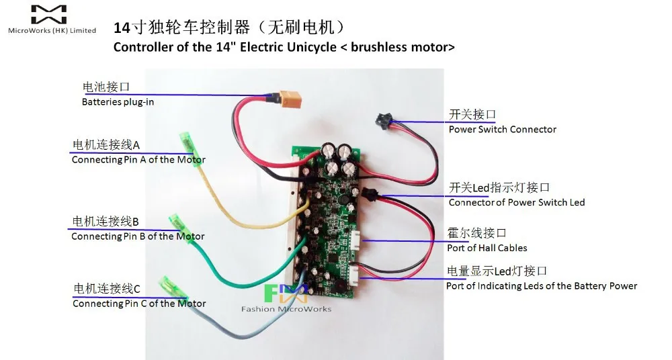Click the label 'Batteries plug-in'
118,102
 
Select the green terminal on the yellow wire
188,144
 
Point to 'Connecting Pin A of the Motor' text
138,160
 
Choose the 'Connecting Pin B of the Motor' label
138,236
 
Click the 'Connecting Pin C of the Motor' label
139,304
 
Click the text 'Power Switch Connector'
503,129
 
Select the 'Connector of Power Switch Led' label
517,202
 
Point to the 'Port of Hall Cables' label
487,248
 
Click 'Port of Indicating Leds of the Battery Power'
542,285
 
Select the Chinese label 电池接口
106,87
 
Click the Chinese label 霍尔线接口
476,233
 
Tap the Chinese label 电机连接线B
105,222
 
